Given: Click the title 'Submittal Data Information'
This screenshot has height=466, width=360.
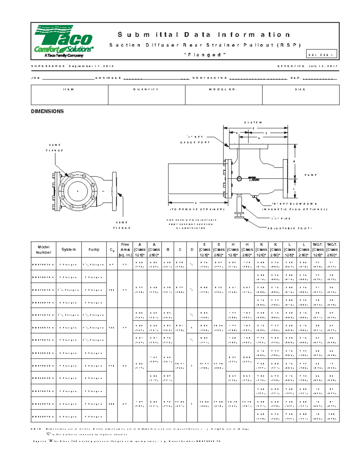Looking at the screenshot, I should (x=204, y=35).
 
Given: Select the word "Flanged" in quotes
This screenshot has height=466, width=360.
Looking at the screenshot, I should (x=205, y=55).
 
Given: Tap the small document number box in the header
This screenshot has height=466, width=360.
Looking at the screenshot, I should (x=322, y=54).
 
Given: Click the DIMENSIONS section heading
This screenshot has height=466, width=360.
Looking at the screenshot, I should (x=47, y=111).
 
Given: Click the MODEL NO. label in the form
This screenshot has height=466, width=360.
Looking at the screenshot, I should (x=223, y=89).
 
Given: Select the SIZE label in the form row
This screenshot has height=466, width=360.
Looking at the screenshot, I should (x=300, y=89).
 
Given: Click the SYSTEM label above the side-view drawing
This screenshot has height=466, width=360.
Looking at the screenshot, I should (x=253, y=122).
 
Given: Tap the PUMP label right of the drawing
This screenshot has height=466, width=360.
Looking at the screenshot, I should (x=310, y=175).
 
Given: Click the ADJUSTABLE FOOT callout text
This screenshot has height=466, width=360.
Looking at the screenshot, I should (x=289, y=228).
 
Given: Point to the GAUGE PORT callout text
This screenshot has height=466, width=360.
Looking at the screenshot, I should (x=195, y=142).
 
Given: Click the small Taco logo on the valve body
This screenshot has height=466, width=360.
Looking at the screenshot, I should (x=254, y=179).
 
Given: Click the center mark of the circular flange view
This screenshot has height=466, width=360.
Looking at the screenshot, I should (x=78, y=191).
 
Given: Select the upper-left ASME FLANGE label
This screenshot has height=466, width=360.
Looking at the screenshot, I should (x=54, y=148).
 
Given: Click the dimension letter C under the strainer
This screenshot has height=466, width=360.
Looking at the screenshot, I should (x=196, y=203).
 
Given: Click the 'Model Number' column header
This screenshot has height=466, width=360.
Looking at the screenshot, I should (x=43, y=250).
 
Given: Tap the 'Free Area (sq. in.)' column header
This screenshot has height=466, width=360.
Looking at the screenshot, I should (x=125, y=250).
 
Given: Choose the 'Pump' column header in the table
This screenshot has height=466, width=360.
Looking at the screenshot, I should (x=94, y=250).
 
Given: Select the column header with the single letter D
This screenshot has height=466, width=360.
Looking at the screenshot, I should (x=192, y=250).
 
